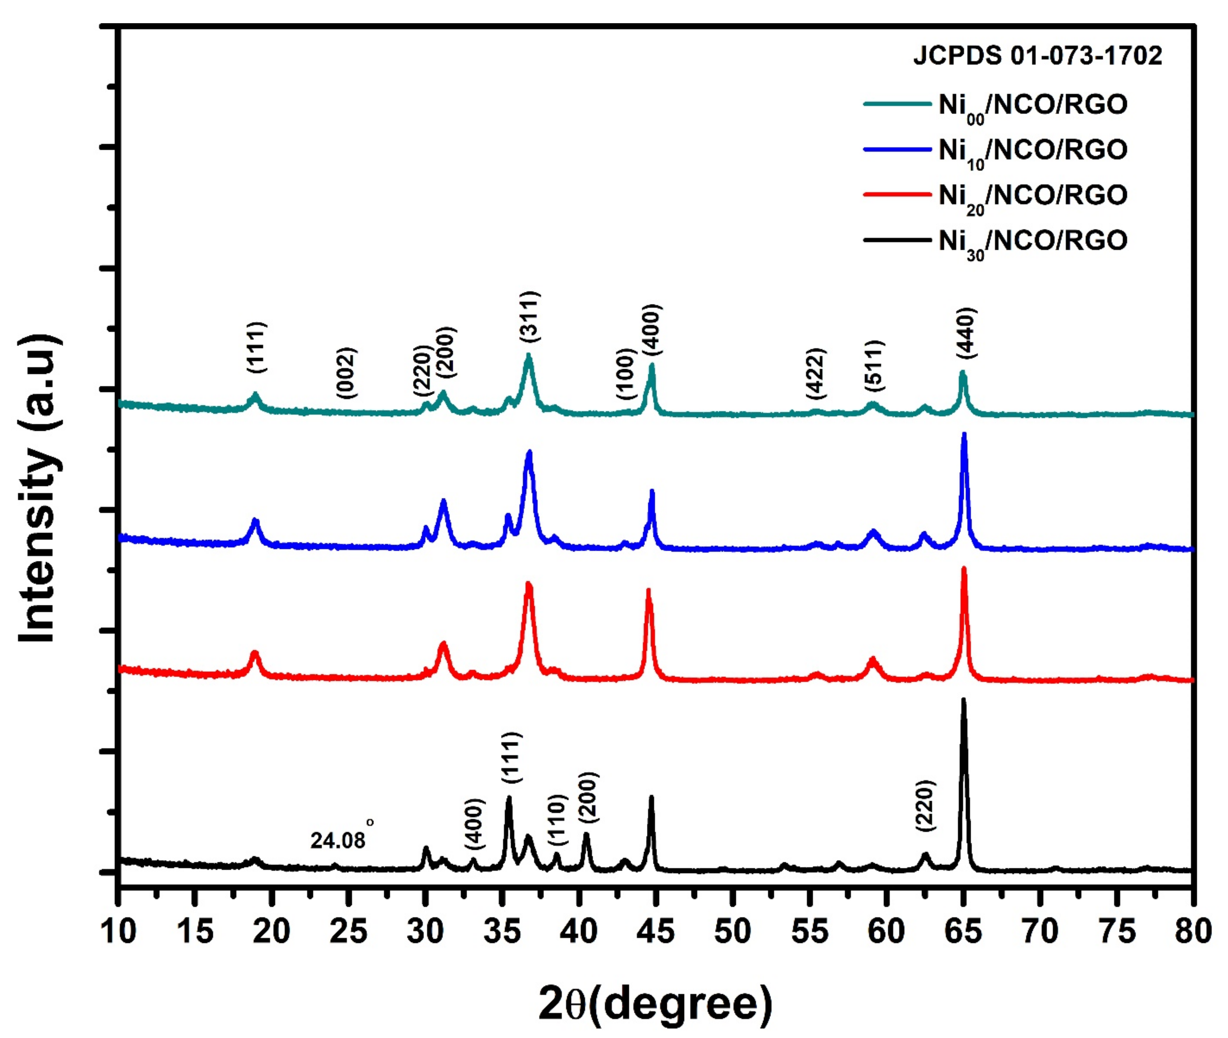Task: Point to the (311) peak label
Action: [530, 317]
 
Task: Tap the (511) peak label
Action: [874, 366]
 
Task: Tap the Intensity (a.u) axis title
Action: [39, 488]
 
